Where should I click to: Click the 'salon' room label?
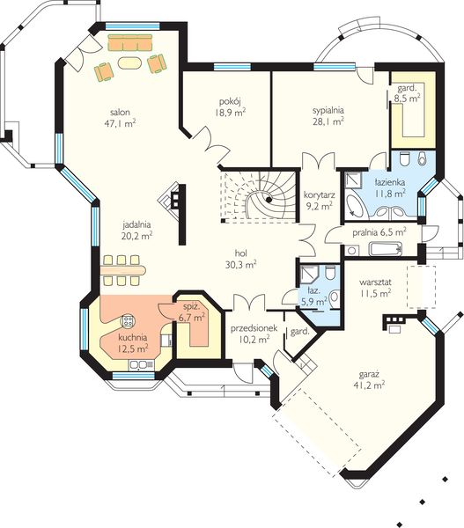[120, 112]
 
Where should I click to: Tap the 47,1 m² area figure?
[120, 123]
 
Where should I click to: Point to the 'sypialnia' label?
[328, 111]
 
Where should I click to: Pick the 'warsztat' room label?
[375, 282]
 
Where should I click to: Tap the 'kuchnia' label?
[133, 337]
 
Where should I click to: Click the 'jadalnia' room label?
[136, 224]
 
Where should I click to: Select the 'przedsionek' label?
[254, 327]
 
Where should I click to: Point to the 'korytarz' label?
[319, 194]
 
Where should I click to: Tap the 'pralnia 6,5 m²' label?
[379, 232]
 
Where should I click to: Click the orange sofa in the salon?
[130, 41]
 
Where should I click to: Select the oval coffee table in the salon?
[129, 63]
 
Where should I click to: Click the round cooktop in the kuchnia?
[128, 321]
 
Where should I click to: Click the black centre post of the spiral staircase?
[269, 200]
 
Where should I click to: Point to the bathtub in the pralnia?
[387, 249]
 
